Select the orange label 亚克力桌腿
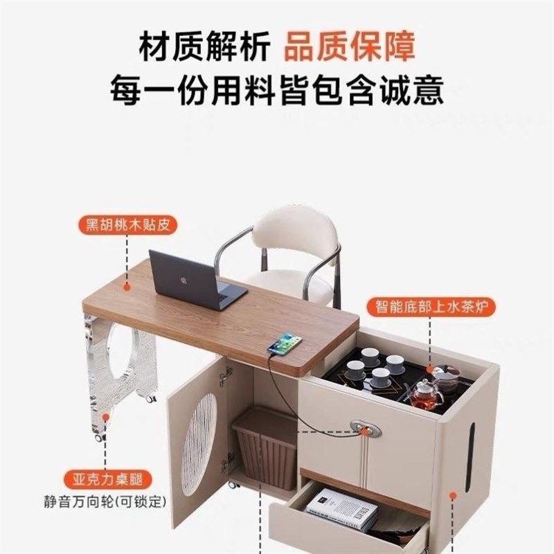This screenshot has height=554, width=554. (105, 479)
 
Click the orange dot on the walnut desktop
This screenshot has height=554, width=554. (127, 284)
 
